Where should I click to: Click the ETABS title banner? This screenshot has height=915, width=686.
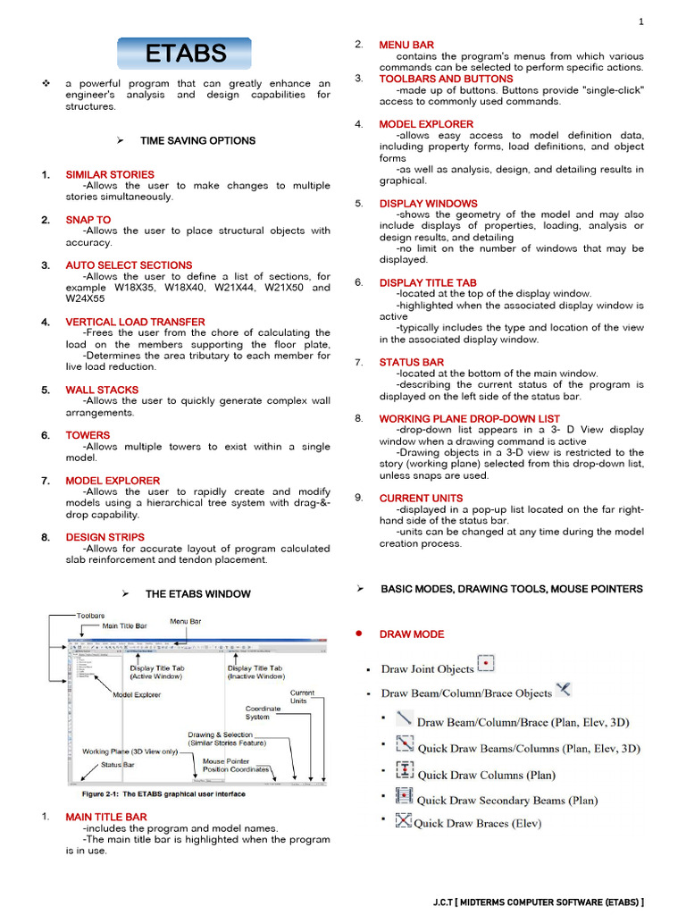(186, 54)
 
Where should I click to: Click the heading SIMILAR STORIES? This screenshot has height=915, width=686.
(110, 175)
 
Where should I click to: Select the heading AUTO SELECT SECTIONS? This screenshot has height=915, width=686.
(129, 265)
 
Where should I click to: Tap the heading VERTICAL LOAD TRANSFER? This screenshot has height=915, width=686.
(135, 322)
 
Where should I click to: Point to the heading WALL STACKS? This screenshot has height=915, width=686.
(102, 390)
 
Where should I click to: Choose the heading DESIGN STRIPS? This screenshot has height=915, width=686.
(106, 538)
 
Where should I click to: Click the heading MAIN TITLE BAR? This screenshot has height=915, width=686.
(106, 817)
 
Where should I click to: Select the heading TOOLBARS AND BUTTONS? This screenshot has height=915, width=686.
(446, 80)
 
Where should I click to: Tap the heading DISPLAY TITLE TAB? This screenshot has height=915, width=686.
(428, 282)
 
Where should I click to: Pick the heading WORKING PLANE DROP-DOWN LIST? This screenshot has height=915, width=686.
(470, 419)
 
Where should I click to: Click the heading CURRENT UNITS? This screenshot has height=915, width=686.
(421, 499)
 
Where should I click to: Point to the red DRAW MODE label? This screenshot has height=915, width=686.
(411, 634)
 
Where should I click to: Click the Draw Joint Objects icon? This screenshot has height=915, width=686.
(485, 664)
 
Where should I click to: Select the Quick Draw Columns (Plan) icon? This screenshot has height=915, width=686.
(405, 770)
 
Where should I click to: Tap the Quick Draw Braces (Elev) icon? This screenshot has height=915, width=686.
(404, 820)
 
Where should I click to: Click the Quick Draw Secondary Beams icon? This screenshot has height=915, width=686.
(405, 795)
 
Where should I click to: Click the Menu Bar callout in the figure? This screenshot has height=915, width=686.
(186, 621)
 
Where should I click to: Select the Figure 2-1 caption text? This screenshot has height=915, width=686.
(163, 794)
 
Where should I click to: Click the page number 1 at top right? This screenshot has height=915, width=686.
(641, 22)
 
